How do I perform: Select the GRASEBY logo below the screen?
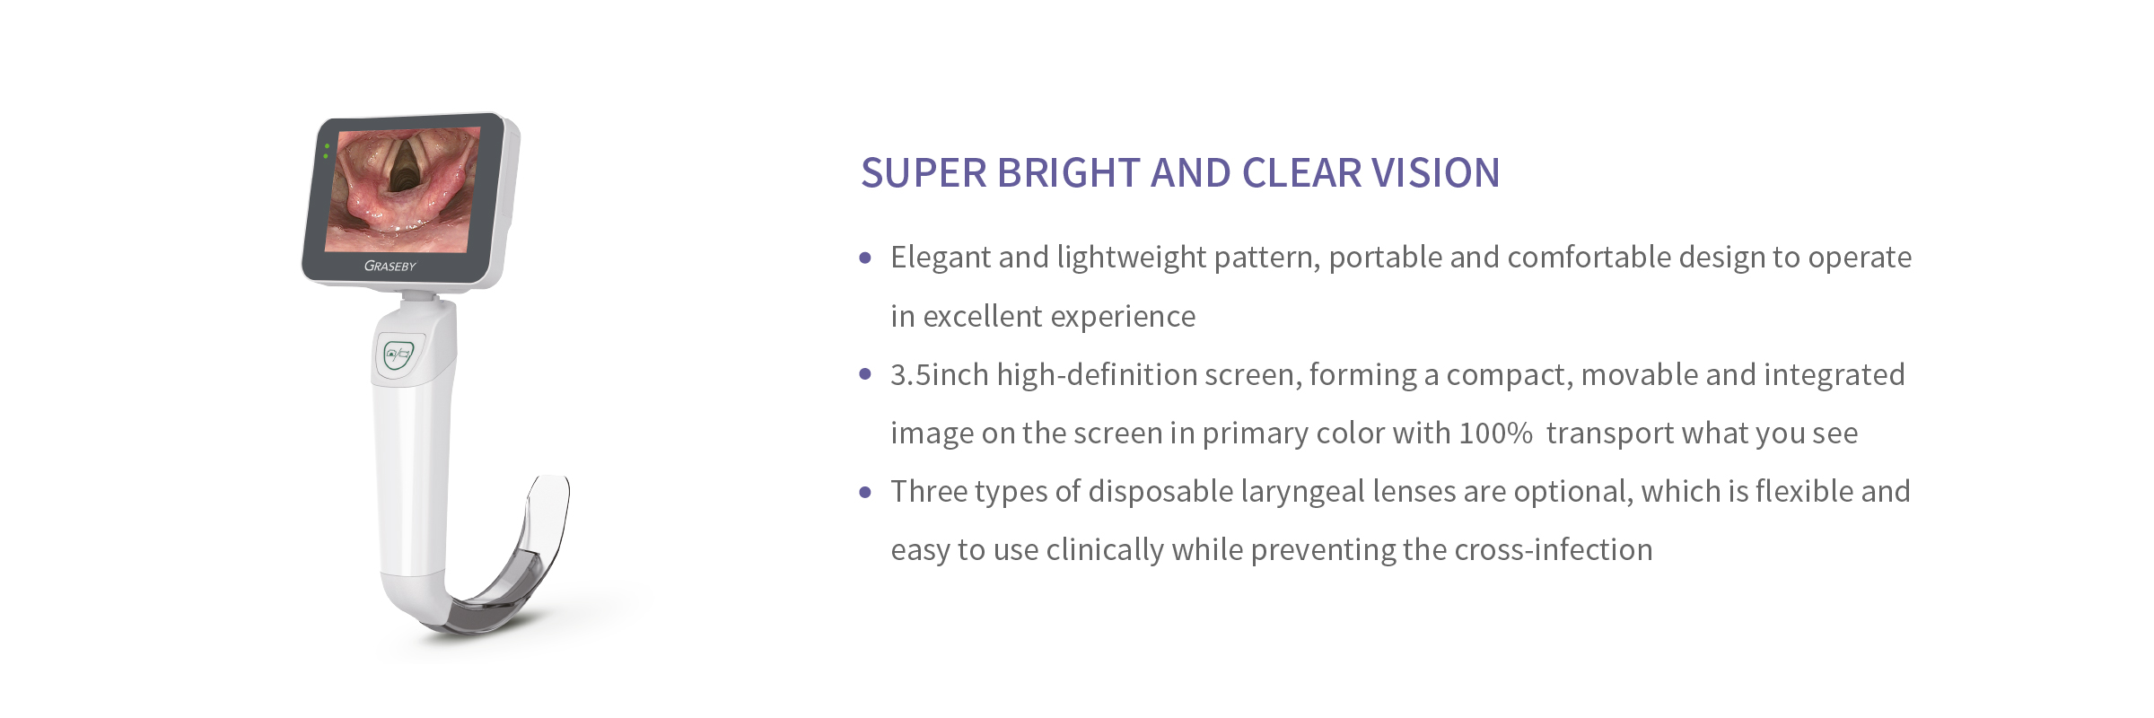(390, 266)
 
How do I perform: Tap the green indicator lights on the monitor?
(327, 151)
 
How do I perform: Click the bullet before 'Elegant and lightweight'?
(865, 258)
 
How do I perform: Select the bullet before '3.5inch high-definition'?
(865, 375)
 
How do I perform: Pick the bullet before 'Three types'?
(865, 492)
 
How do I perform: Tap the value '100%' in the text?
(1495, 433)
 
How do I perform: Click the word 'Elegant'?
(941, 258)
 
